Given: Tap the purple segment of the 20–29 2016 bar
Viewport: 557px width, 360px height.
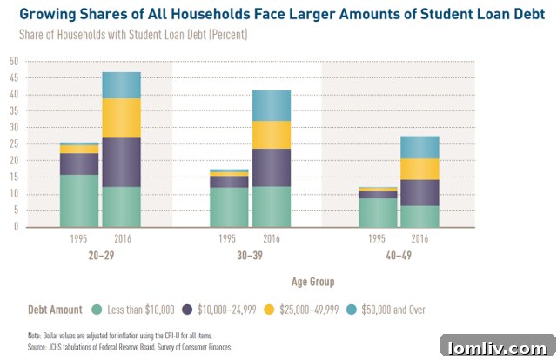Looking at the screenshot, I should (121, 162).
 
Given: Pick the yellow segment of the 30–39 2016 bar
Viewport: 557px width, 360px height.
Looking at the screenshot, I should (271, 135).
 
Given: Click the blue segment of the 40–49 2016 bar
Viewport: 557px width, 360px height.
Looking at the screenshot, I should (419, 148).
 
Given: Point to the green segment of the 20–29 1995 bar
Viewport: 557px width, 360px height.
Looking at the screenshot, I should (79, 201).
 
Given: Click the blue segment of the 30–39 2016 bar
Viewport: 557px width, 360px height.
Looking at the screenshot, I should (271, 105).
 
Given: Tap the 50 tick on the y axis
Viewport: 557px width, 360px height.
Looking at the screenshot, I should (14, 62).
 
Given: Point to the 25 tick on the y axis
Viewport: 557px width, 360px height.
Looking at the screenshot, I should (14, 144).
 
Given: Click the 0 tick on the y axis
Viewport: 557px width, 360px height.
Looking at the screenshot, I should (16, 227).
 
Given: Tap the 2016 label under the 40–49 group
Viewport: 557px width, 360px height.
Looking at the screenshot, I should (419, 240).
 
